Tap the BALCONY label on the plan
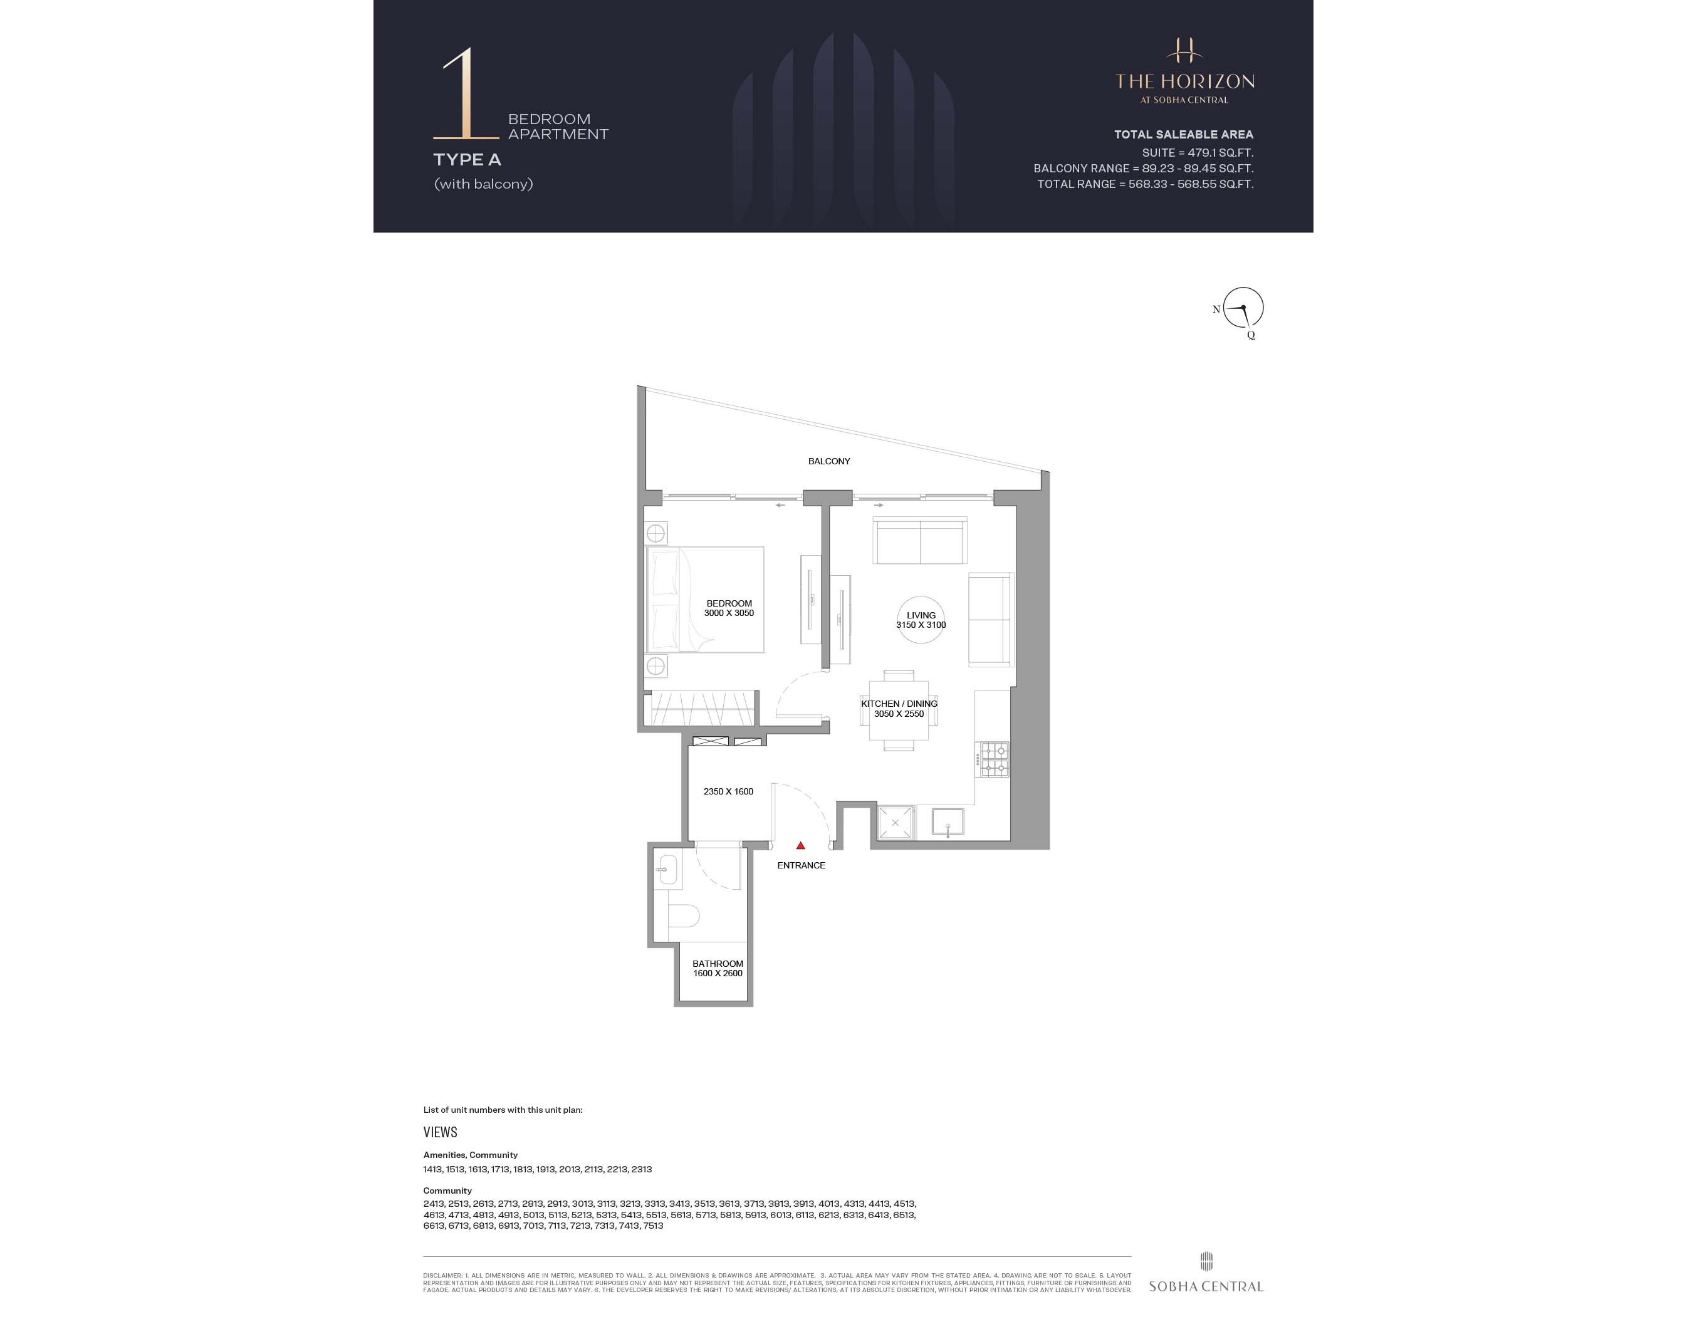coord(828,461)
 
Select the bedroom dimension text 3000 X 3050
coord(728,613)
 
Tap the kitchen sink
coord(948,823)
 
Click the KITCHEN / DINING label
coord(899,704)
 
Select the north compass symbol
coord(1243,309)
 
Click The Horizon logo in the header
coord(1184,70)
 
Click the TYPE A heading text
coord(467,160)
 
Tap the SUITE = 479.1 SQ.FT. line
coord(1197,152)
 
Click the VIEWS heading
coord(441,1132)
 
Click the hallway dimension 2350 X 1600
coord(728,791)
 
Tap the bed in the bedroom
coord(705,599)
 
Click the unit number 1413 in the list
coord(432,1169)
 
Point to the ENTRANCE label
coord(801,865)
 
